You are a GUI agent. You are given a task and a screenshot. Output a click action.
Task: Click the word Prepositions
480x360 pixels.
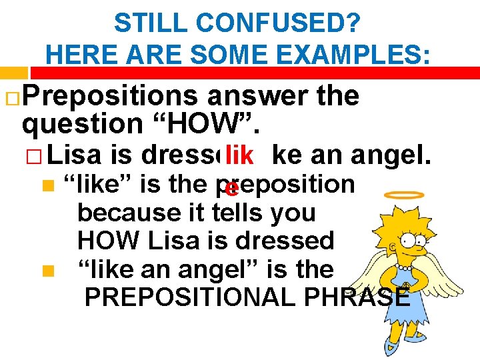(110, 97)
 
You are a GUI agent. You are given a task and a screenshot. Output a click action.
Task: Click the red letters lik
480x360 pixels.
(239, 156)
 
